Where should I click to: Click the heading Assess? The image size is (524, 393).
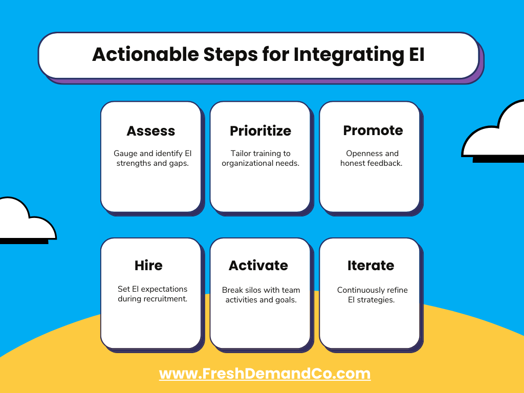(150, 131)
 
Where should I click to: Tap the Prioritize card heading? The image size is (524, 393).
(260, 131)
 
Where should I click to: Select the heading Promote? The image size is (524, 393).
(373, 130)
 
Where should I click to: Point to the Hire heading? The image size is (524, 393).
(148, 266)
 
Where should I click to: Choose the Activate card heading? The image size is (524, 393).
(258, 266)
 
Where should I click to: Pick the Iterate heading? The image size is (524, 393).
(370, 266)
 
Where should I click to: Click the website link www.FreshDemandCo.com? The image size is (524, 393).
(265, 374)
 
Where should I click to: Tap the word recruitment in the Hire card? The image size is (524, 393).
(165, 299)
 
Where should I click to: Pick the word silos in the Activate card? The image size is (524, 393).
(257, 290)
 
